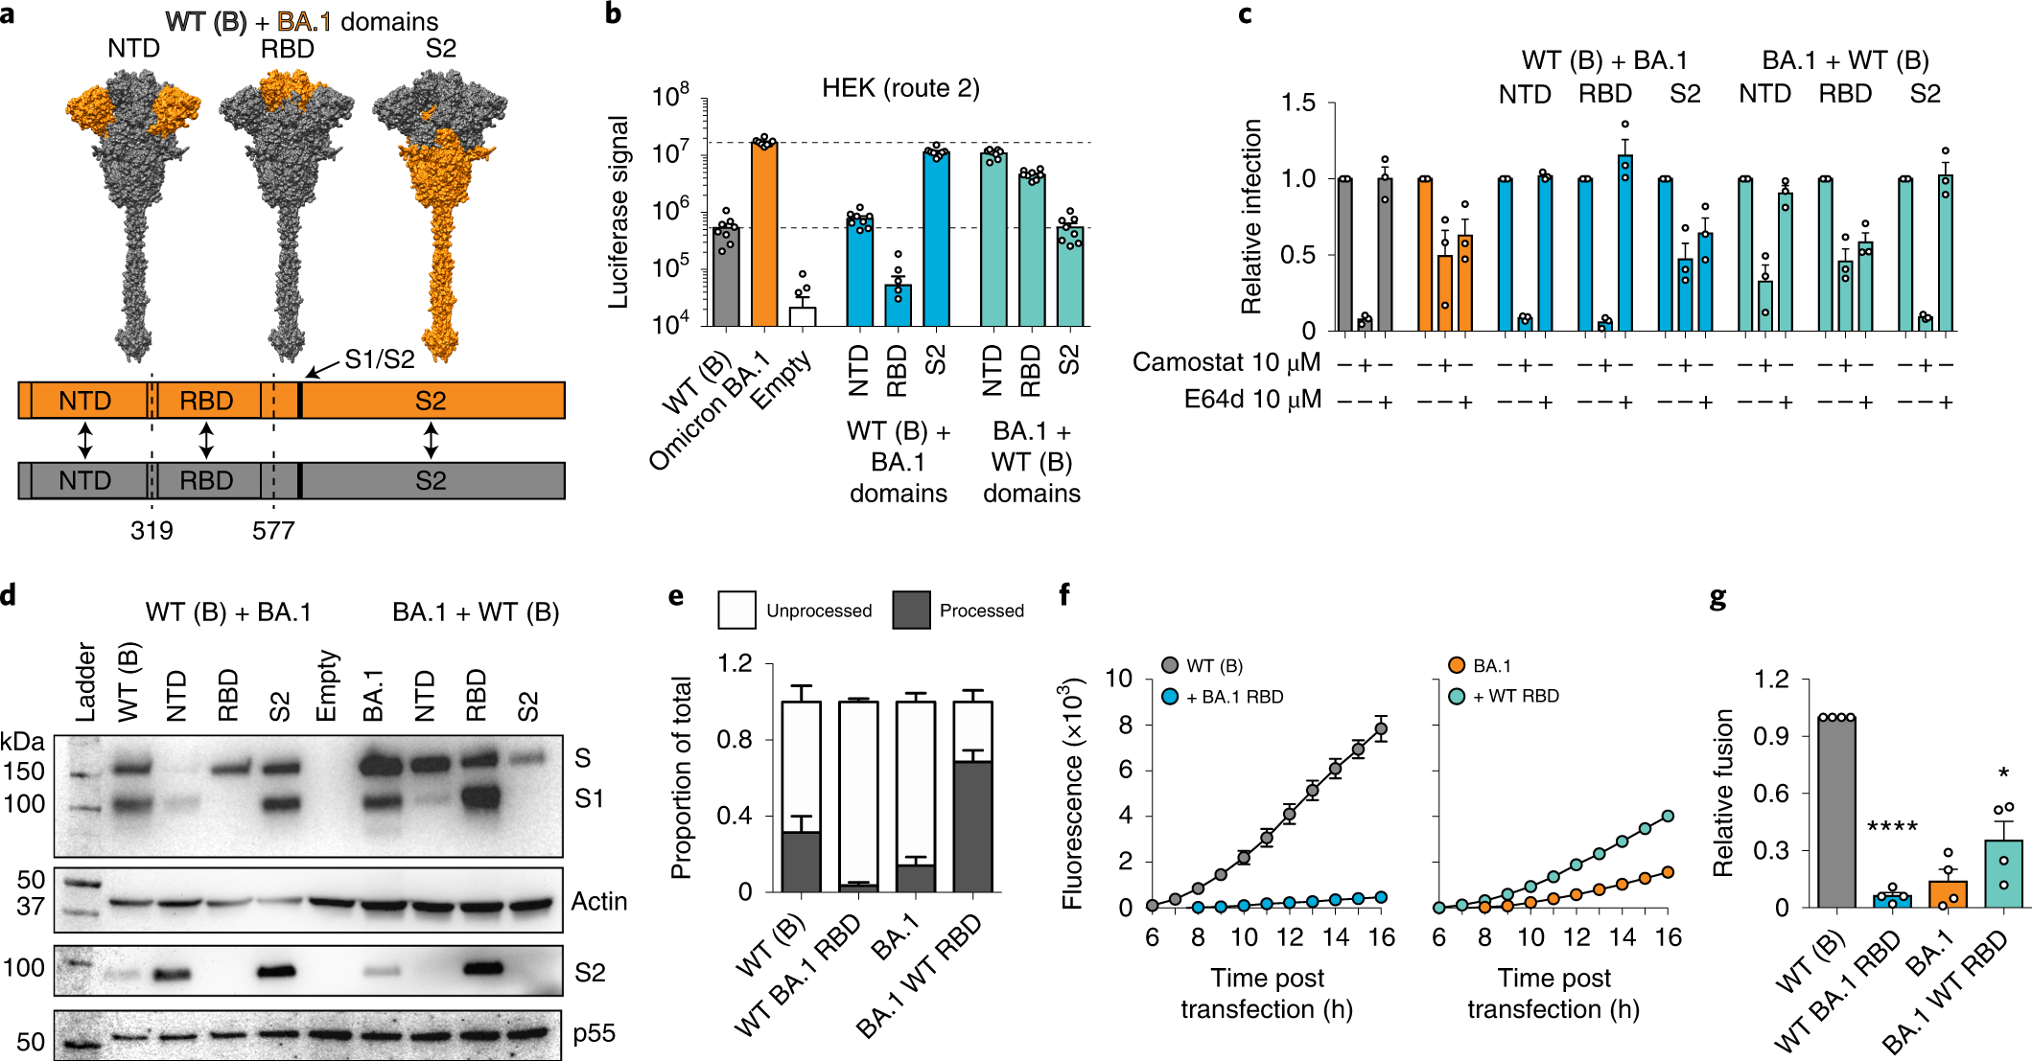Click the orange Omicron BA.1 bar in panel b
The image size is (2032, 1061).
click(764, 235)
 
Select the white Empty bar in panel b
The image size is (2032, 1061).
click(803, 316)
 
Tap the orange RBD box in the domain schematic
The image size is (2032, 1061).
click(206, 401)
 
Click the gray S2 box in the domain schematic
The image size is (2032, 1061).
click(431, 480)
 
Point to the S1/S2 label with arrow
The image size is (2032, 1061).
click(380, 359)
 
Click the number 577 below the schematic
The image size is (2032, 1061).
click(273, 530)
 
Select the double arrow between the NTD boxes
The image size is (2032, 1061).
click(85, 440)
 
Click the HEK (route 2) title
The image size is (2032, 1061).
click(899, 88)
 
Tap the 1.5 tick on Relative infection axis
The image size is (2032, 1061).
click(1298, 103)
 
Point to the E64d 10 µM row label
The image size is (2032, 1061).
click(1252, 399)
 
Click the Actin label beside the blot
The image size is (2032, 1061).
click(599, 901)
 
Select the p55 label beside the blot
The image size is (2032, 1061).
click(594, 1033)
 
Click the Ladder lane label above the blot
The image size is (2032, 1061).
click(86, 682)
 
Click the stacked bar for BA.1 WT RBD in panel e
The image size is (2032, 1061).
click(972, 796)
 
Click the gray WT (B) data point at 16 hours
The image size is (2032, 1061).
click(1381, 729)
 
